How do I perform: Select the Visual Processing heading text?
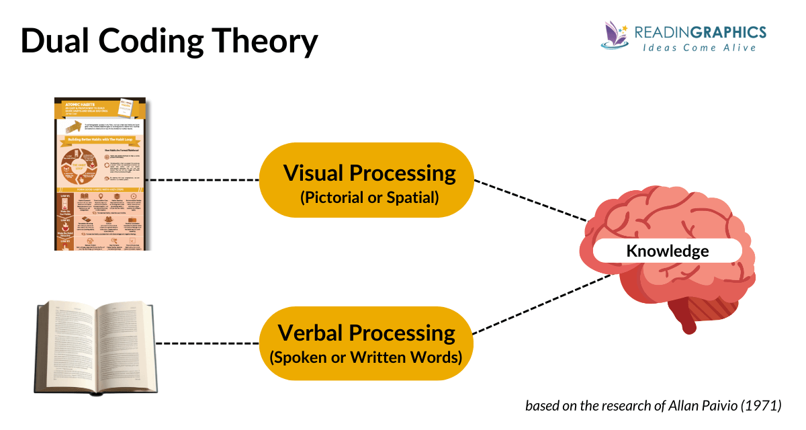(369, 173)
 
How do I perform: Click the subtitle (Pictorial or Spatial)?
(369, 198)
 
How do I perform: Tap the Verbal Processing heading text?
(367, 333)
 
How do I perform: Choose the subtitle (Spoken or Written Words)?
(367, 357)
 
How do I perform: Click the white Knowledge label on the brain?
(667, 251)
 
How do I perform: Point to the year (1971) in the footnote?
(762, 406)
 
